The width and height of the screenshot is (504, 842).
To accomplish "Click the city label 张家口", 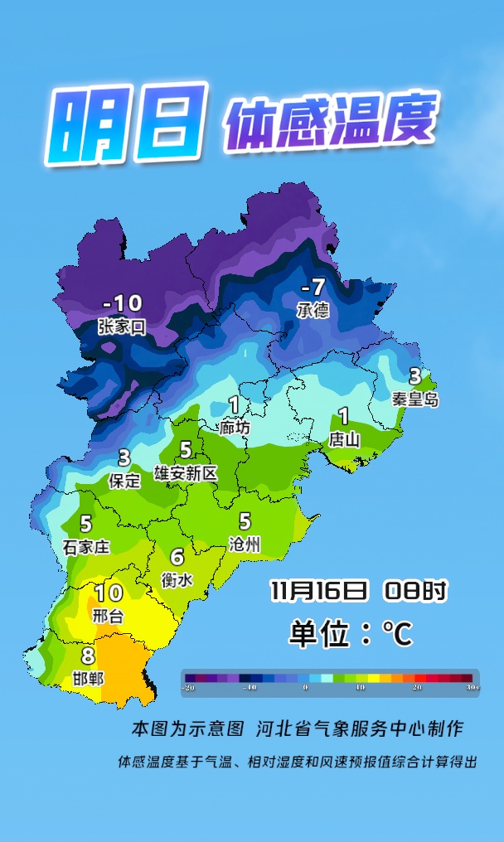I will coord(122,327).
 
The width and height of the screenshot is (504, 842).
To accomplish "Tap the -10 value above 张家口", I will coord(122,303).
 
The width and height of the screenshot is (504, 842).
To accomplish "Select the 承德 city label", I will coord(313,310).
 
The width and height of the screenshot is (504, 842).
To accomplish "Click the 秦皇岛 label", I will coord(415,399).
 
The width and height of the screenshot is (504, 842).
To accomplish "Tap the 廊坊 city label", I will coord(235,428).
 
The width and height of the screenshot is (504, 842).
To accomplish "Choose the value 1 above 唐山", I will coord(343,417).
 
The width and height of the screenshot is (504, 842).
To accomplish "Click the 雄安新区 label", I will coord(186,473).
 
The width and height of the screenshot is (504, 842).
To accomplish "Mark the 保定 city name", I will coord(124,481).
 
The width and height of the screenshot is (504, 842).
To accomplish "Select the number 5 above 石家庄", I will coord(86,524).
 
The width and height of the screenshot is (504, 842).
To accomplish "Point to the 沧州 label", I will coord(245,544).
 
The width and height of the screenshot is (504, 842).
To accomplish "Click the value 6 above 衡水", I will coord(177,558).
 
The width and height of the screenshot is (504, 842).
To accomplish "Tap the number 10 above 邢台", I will coord(109,593).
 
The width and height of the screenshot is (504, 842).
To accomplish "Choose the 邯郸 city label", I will coord(88,679).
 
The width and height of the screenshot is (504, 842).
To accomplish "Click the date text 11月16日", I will coord(318,591).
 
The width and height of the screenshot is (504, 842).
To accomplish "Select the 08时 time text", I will coord(415,591).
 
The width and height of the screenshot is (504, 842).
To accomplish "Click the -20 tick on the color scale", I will coord(190,688).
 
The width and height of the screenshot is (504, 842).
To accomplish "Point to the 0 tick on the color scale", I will coord(306,688).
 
